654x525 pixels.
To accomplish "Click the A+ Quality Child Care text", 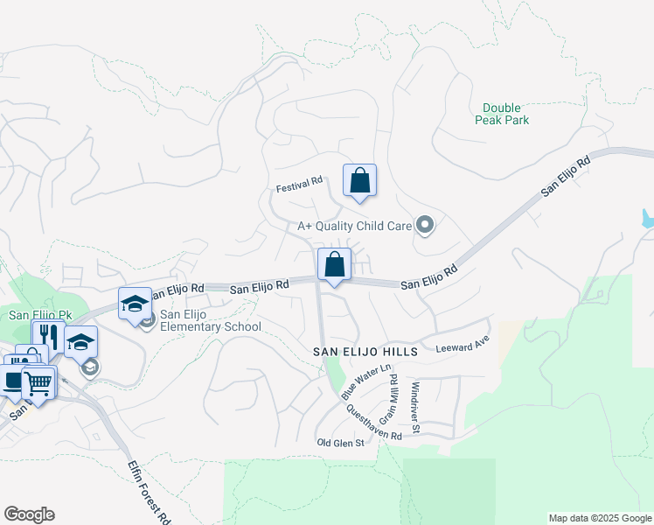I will pos(354,226).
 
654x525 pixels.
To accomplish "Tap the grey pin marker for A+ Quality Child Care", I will pos(426,226).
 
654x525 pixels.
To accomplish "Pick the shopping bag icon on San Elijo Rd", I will pos(334,263).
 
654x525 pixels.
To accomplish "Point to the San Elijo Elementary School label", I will pos(210,321).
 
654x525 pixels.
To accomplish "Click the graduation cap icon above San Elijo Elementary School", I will pos(136,304).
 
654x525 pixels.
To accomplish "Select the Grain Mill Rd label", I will pos(388,398).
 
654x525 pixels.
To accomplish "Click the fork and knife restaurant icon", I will pos(47,336).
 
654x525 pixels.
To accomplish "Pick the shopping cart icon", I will pos(38,381).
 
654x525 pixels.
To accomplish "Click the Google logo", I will pos(29,514).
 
